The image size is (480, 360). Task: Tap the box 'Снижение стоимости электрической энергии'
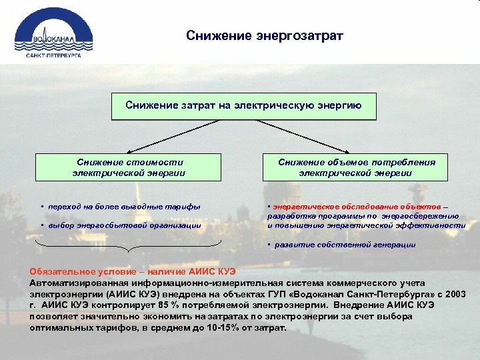click(x=129, y=167)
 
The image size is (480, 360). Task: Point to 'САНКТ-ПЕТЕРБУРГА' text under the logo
click(x=53, y=56)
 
